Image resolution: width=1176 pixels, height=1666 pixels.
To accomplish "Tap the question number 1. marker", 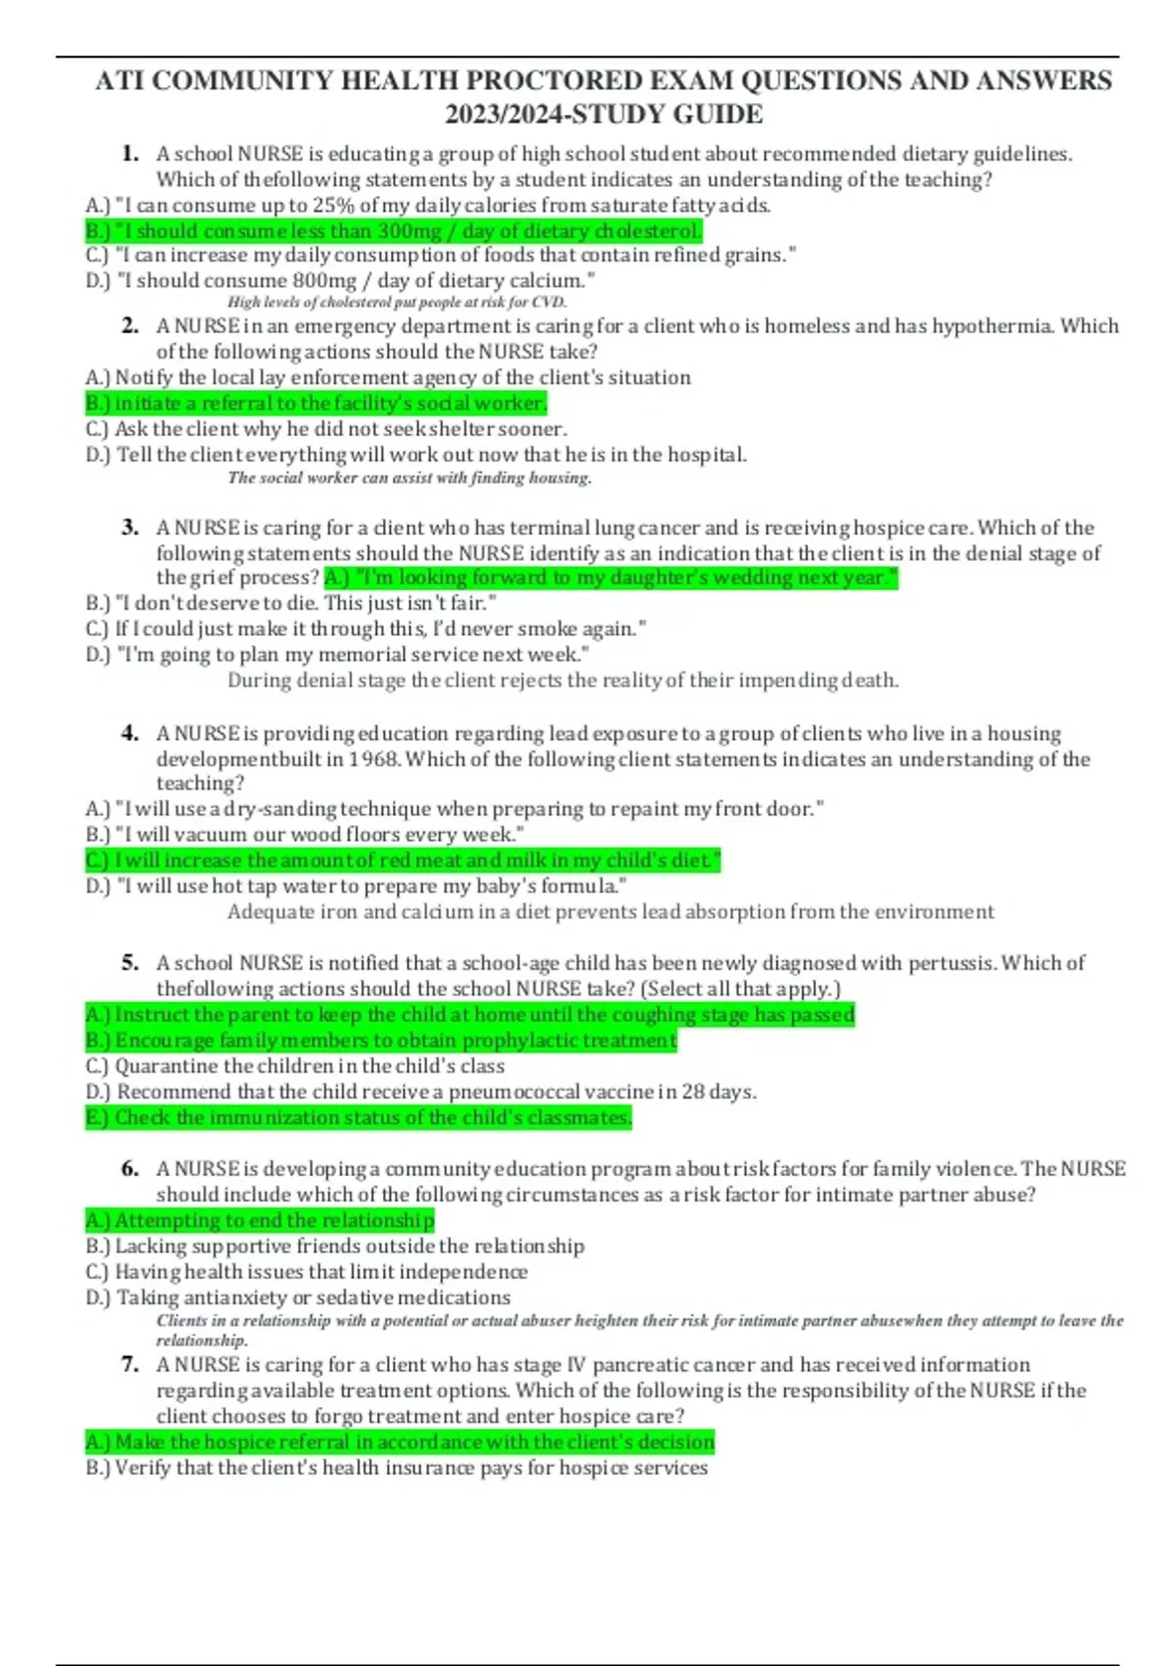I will click(130, 154).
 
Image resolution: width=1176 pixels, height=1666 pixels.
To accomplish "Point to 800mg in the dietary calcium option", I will click(325, 281).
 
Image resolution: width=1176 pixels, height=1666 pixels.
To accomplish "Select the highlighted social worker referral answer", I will click(316, 403).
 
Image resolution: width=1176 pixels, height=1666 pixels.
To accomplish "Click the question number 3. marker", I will click(130, 528).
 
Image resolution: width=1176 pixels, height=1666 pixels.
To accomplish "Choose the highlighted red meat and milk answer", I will click(403, 860).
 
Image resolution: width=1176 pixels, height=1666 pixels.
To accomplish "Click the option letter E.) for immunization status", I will click(98, 1117).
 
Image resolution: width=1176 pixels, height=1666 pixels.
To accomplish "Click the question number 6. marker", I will click(130, 1169).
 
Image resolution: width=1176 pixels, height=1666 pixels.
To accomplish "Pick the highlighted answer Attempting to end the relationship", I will click(260, 1220).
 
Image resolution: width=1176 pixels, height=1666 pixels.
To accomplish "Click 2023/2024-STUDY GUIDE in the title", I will click(604, 115).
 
